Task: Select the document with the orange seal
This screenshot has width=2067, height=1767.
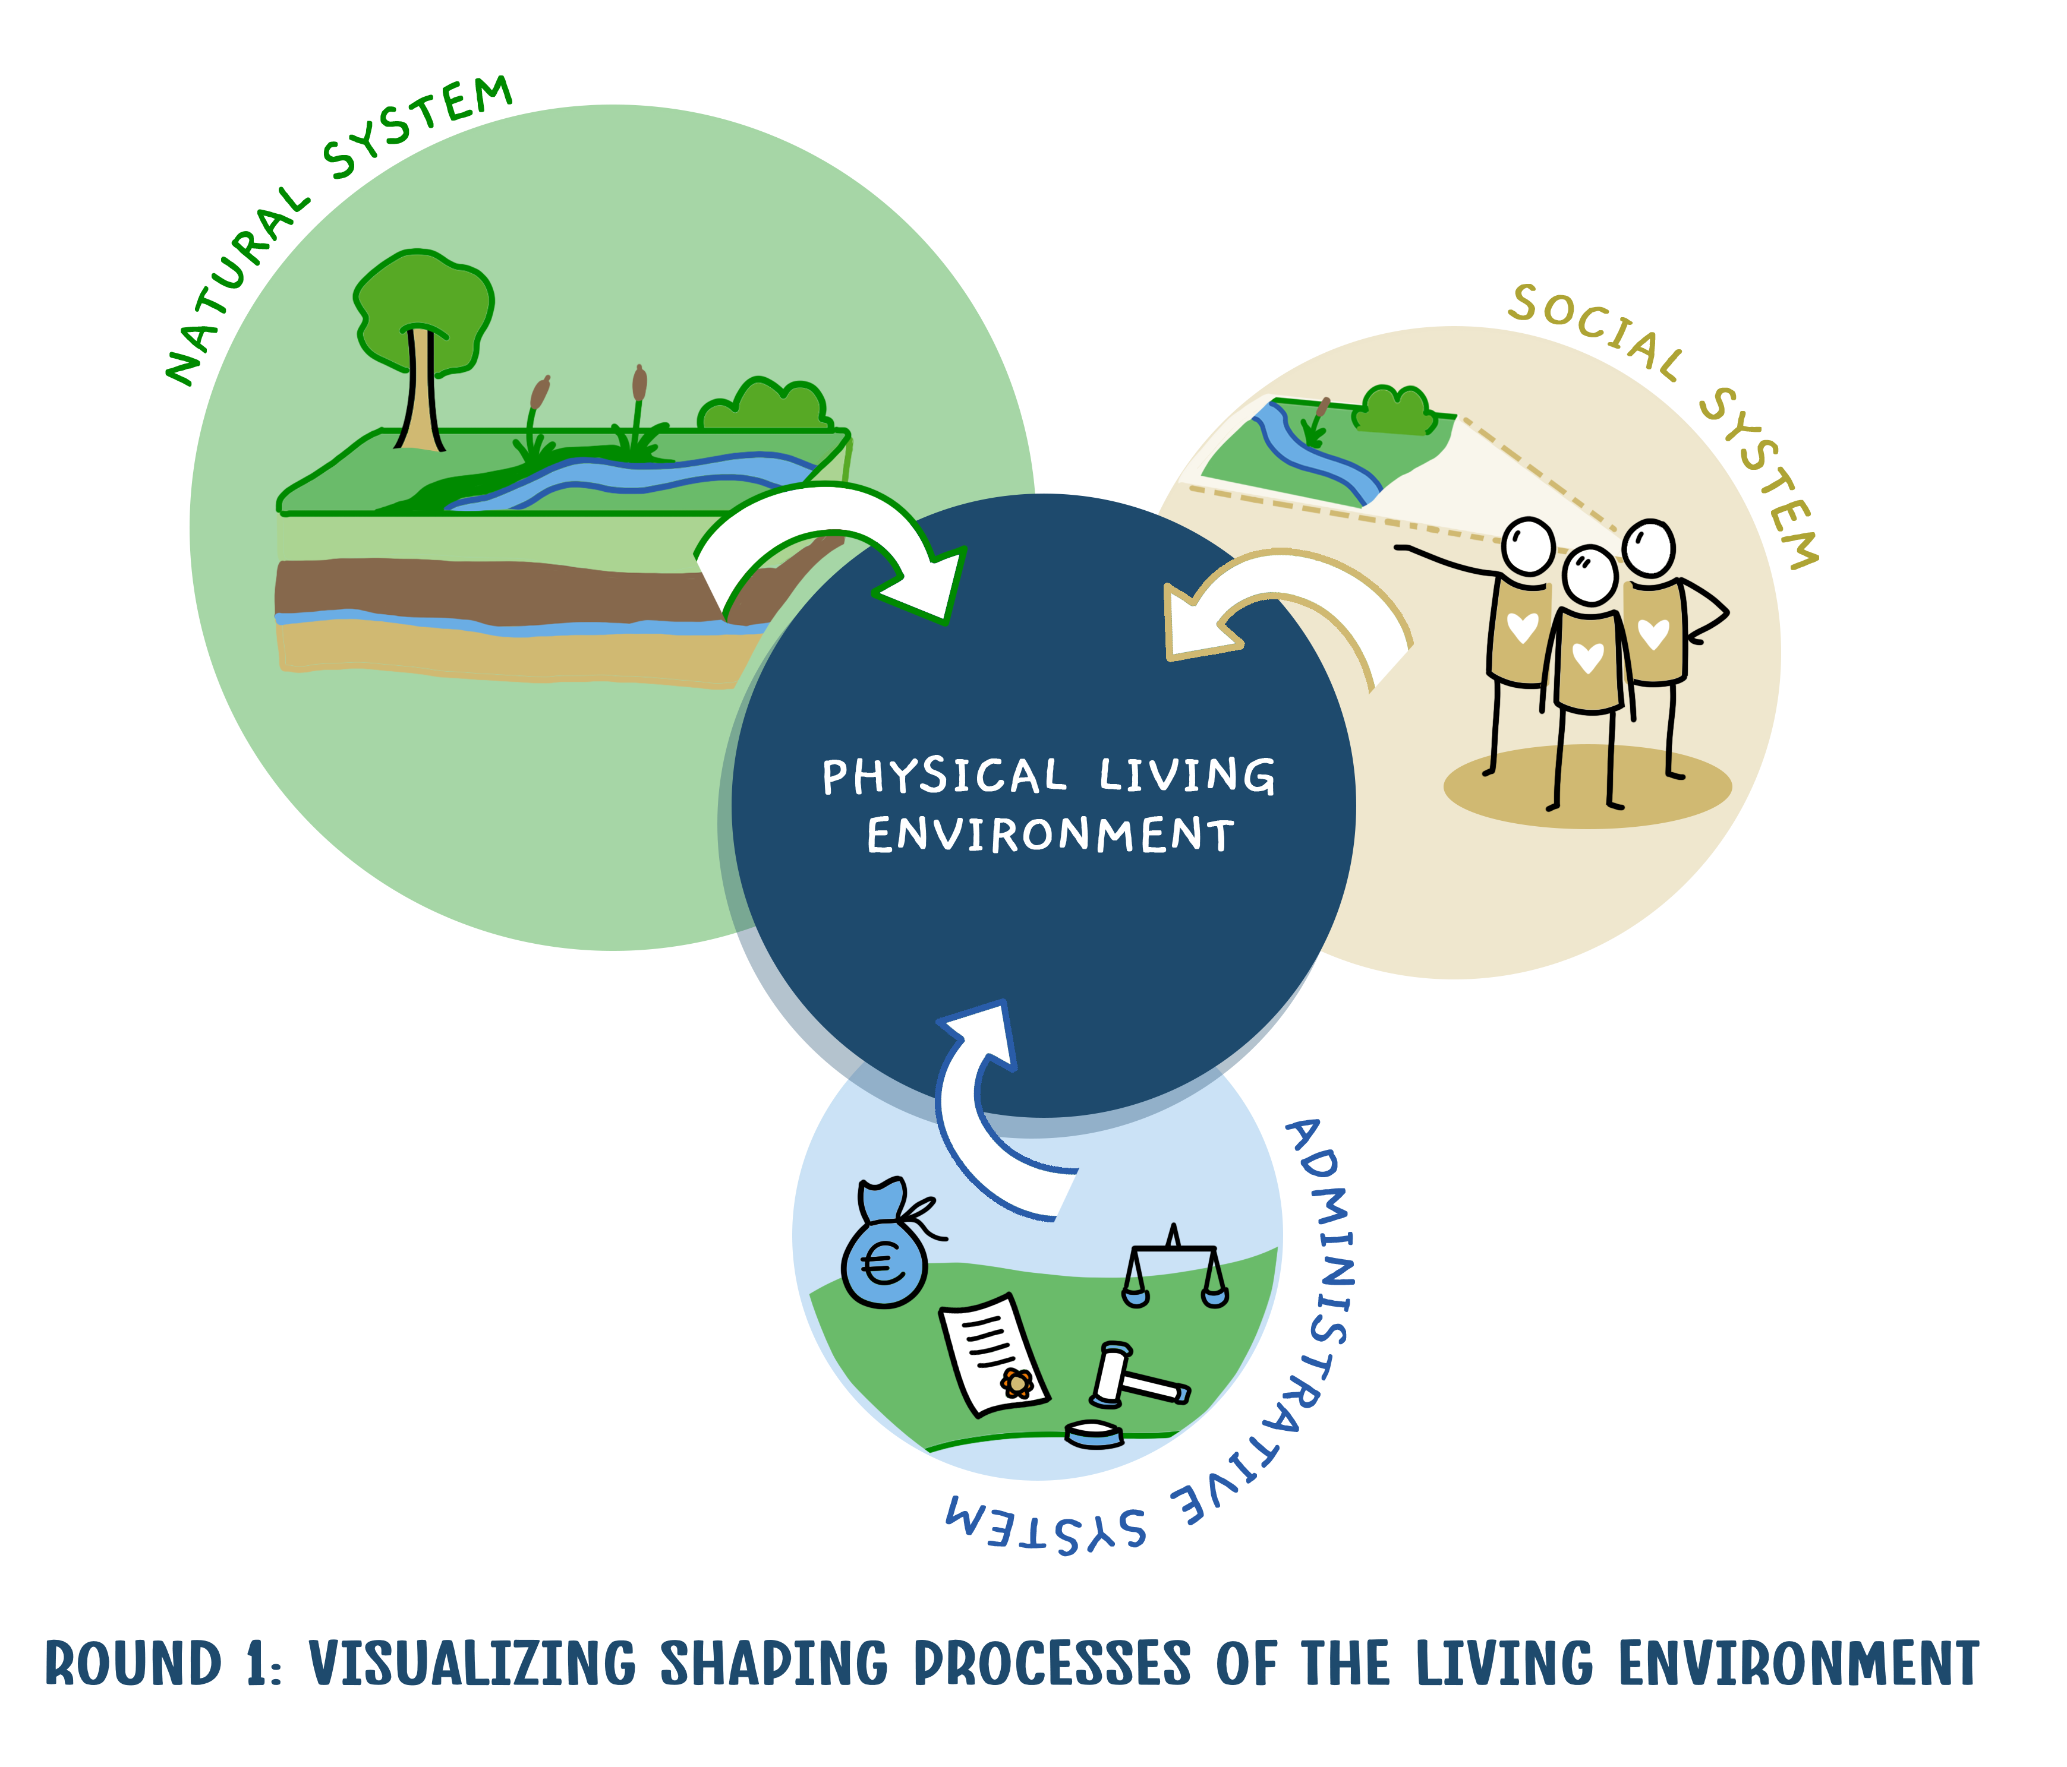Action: click(x=994, y=1354)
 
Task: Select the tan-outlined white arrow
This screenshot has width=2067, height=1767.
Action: click(x=1287, y=608)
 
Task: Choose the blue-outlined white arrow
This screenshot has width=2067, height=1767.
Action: click(x=982, y=1107)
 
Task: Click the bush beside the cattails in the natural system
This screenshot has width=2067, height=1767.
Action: click(x=763, y=405)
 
